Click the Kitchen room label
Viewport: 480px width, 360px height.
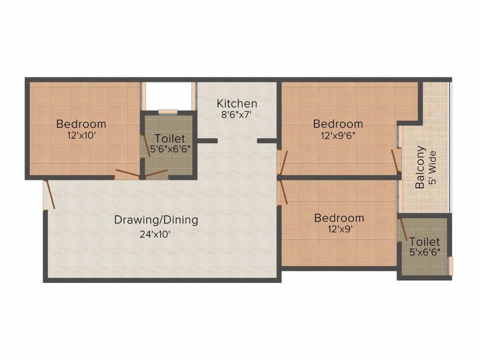pos(237,103)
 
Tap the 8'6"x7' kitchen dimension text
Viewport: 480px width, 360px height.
pos(237,114)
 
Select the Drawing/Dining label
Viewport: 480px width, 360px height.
pos(156,219)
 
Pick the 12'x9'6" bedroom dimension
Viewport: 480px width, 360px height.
pos(338,135)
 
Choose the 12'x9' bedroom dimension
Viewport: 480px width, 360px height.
pos(339,229)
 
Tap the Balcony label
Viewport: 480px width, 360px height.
pos(420,168)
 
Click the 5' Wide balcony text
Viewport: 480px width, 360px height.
pos(432,168)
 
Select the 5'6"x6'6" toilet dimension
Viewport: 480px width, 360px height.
pos(170,150)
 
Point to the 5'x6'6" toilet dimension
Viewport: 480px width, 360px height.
pos(425,253)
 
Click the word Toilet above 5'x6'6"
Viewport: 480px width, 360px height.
pos(425,242)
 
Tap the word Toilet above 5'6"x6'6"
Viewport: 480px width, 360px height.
pos(170,139)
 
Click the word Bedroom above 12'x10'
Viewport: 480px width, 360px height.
pos(81,124)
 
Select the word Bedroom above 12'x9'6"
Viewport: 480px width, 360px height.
pos(338,124)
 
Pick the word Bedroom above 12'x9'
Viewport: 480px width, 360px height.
pos(339,218)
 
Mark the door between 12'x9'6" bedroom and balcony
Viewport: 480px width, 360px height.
pos(396,160)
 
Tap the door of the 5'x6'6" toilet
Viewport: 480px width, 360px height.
pos(402,230)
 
